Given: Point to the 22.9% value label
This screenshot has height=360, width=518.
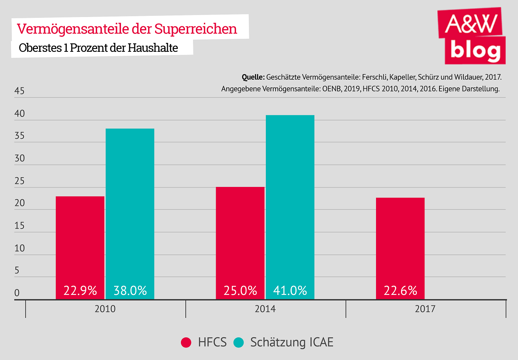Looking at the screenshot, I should pyautogui.click(x=80, y=290).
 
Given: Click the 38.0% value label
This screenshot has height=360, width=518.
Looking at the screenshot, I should pyautogui.click(x=130, y=290).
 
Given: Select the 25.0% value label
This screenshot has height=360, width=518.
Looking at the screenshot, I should pyautogui.click(x=240, y=290).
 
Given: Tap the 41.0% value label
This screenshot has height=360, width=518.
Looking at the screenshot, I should pyautogui.click(x=290, y=290).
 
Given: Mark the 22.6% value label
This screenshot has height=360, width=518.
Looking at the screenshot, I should pyautogui.click(x=400, y=290).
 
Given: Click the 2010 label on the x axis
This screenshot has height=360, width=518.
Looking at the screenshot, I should pyautogui.click(x=105, y=309).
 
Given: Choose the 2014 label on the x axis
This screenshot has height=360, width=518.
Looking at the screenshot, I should pyautogui.click(x=265, y=309).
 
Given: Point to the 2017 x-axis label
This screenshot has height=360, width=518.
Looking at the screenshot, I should pyautogui.click(x=425, y=309).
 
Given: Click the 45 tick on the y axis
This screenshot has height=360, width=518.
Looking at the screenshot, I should pyautogui.click(x=19, y=91).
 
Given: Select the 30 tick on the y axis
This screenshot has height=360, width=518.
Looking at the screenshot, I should pyautogui.click(x=19, y=159).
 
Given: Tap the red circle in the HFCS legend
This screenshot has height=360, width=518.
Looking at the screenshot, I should pyautogui.click(x=186, y=343).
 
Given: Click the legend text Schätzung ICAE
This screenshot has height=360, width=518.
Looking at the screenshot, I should pyautogui.click(x=292, y=342).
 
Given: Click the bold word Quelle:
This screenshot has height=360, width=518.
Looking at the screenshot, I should pyautogui.click(x=253, y=77).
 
